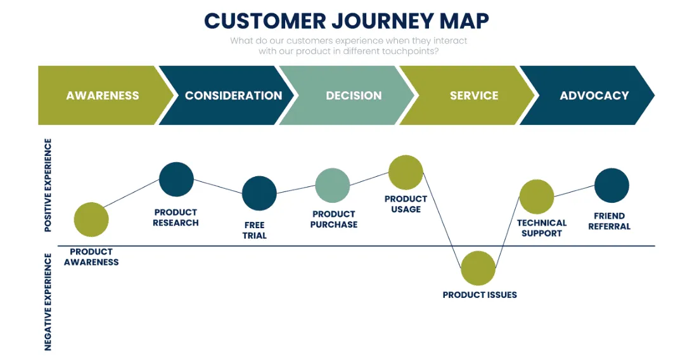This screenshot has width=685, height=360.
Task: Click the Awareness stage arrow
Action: (x=101, y=96)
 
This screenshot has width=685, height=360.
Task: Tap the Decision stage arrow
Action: (x=353, y=96)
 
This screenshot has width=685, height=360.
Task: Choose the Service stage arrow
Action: (x=473, y=96)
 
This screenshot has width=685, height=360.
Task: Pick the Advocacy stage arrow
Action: (x=593, y=96)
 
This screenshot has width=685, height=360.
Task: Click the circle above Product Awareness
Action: (x=91, y=219)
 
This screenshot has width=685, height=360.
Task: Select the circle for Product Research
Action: (x=176, y=179)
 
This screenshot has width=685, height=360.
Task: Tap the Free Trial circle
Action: (x=259, y=193)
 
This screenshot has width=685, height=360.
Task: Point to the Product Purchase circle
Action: (x=333, y=186)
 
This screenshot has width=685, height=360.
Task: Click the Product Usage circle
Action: (x=406, y=172)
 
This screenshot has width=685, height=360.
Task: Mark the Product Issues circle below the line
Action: (x=478, y=268)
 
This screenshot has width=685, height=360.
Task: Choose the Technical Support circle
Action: (x=537, y=196)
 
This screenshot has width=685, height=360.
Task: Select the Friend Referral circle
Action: (x=611, y=186)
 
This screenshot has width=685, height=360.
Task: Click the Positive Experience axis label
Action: (x=48, y=186)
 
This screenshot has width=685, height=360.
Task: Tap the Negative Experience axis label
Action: (x=48, y=302)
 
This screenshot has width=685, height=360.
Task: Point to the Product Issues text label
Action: (x=480, y=295)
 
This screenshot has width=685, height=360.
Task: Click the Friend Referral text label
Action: (x=609, y=221)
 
